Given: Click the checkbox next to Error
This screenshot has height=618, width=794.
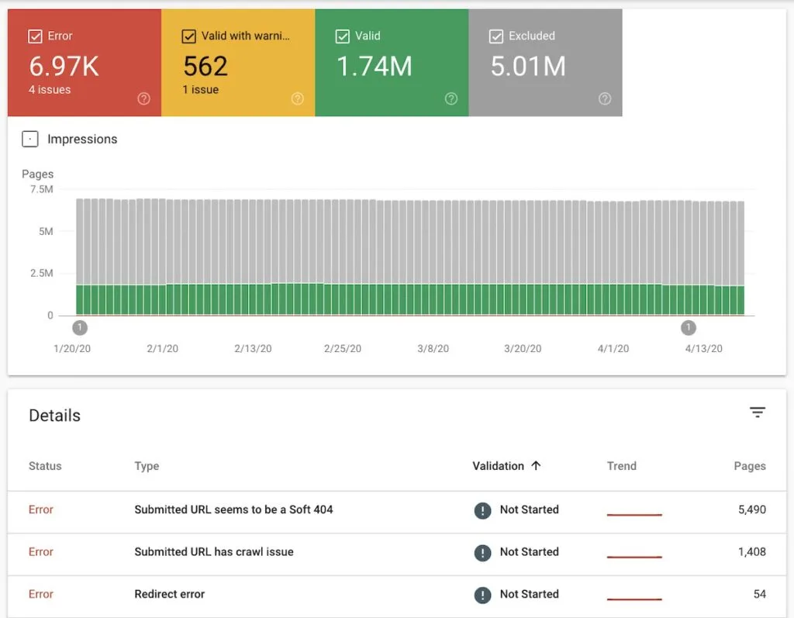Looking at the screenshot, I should [35, 36].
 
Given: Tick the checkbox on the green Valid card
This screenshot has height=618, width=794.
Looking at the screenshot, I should [343, 36].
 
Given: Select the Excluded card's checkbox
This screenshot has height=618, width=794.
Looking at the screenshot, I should [496, 36].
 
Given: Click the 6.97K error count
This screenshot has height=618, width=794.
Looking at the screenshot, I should [64, 67].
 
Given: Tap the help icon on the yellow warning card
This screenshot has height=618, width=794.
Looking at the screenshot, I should [298, 98].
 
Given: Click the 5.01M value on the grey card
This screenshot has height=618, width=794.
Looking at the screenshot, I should [528, 67].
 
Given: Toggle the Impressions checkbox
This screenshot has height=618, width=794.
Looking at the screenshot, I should [30, 140].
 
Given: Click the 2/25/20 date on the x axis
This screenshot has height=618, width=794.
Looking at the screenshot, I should [343, 349].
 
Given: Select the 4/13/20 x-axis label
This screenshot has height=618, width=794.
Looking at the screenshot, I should [703, 349].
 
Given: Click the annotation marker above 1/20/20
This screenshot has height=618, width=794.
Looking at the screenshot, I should [80, 327].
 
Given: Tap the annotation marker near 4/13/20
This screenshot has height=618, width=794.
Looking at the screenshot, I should [689, 327].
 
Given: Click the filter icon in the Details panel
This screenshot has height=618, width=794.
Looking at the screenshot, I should [758, 413].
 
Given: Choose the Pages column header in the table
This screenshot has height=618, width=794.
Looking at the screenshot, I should [749, 466].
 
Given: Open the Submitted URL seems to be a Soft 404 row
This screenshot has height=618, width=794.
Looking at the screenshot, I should [233, 509].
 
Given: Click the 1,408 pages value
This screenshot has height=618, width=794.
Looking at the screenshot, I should [751, 552].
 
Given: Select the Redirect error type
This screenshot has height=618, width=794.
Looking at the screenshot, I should [169, 594].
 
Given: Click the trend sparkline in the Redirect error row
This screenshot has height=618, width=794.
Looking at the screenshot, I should [634, 599].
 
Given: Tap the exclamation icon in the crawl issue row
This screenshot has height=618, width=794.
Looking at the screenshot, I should [482, 553].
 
